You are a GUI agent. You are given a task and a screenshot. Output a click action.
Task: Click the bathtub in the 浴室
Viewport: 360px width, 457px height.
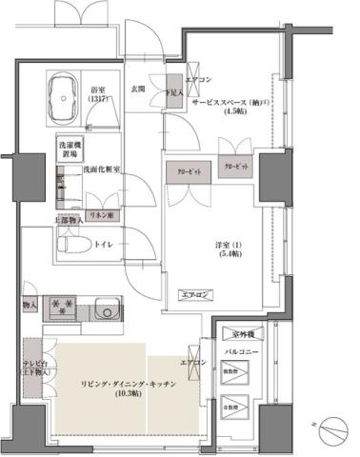[64, 98]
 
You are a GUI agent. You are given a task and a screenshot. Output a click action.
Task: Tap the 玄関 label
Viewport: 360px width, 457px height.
[137, 89]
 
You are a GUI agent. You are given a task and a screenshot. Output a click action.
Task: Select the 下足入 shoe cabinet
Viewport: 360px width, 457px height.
[172, 92]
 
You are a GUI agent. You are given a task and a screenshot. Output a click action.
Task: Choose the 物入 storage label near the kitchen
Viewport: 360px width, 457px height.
[29, 306]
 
